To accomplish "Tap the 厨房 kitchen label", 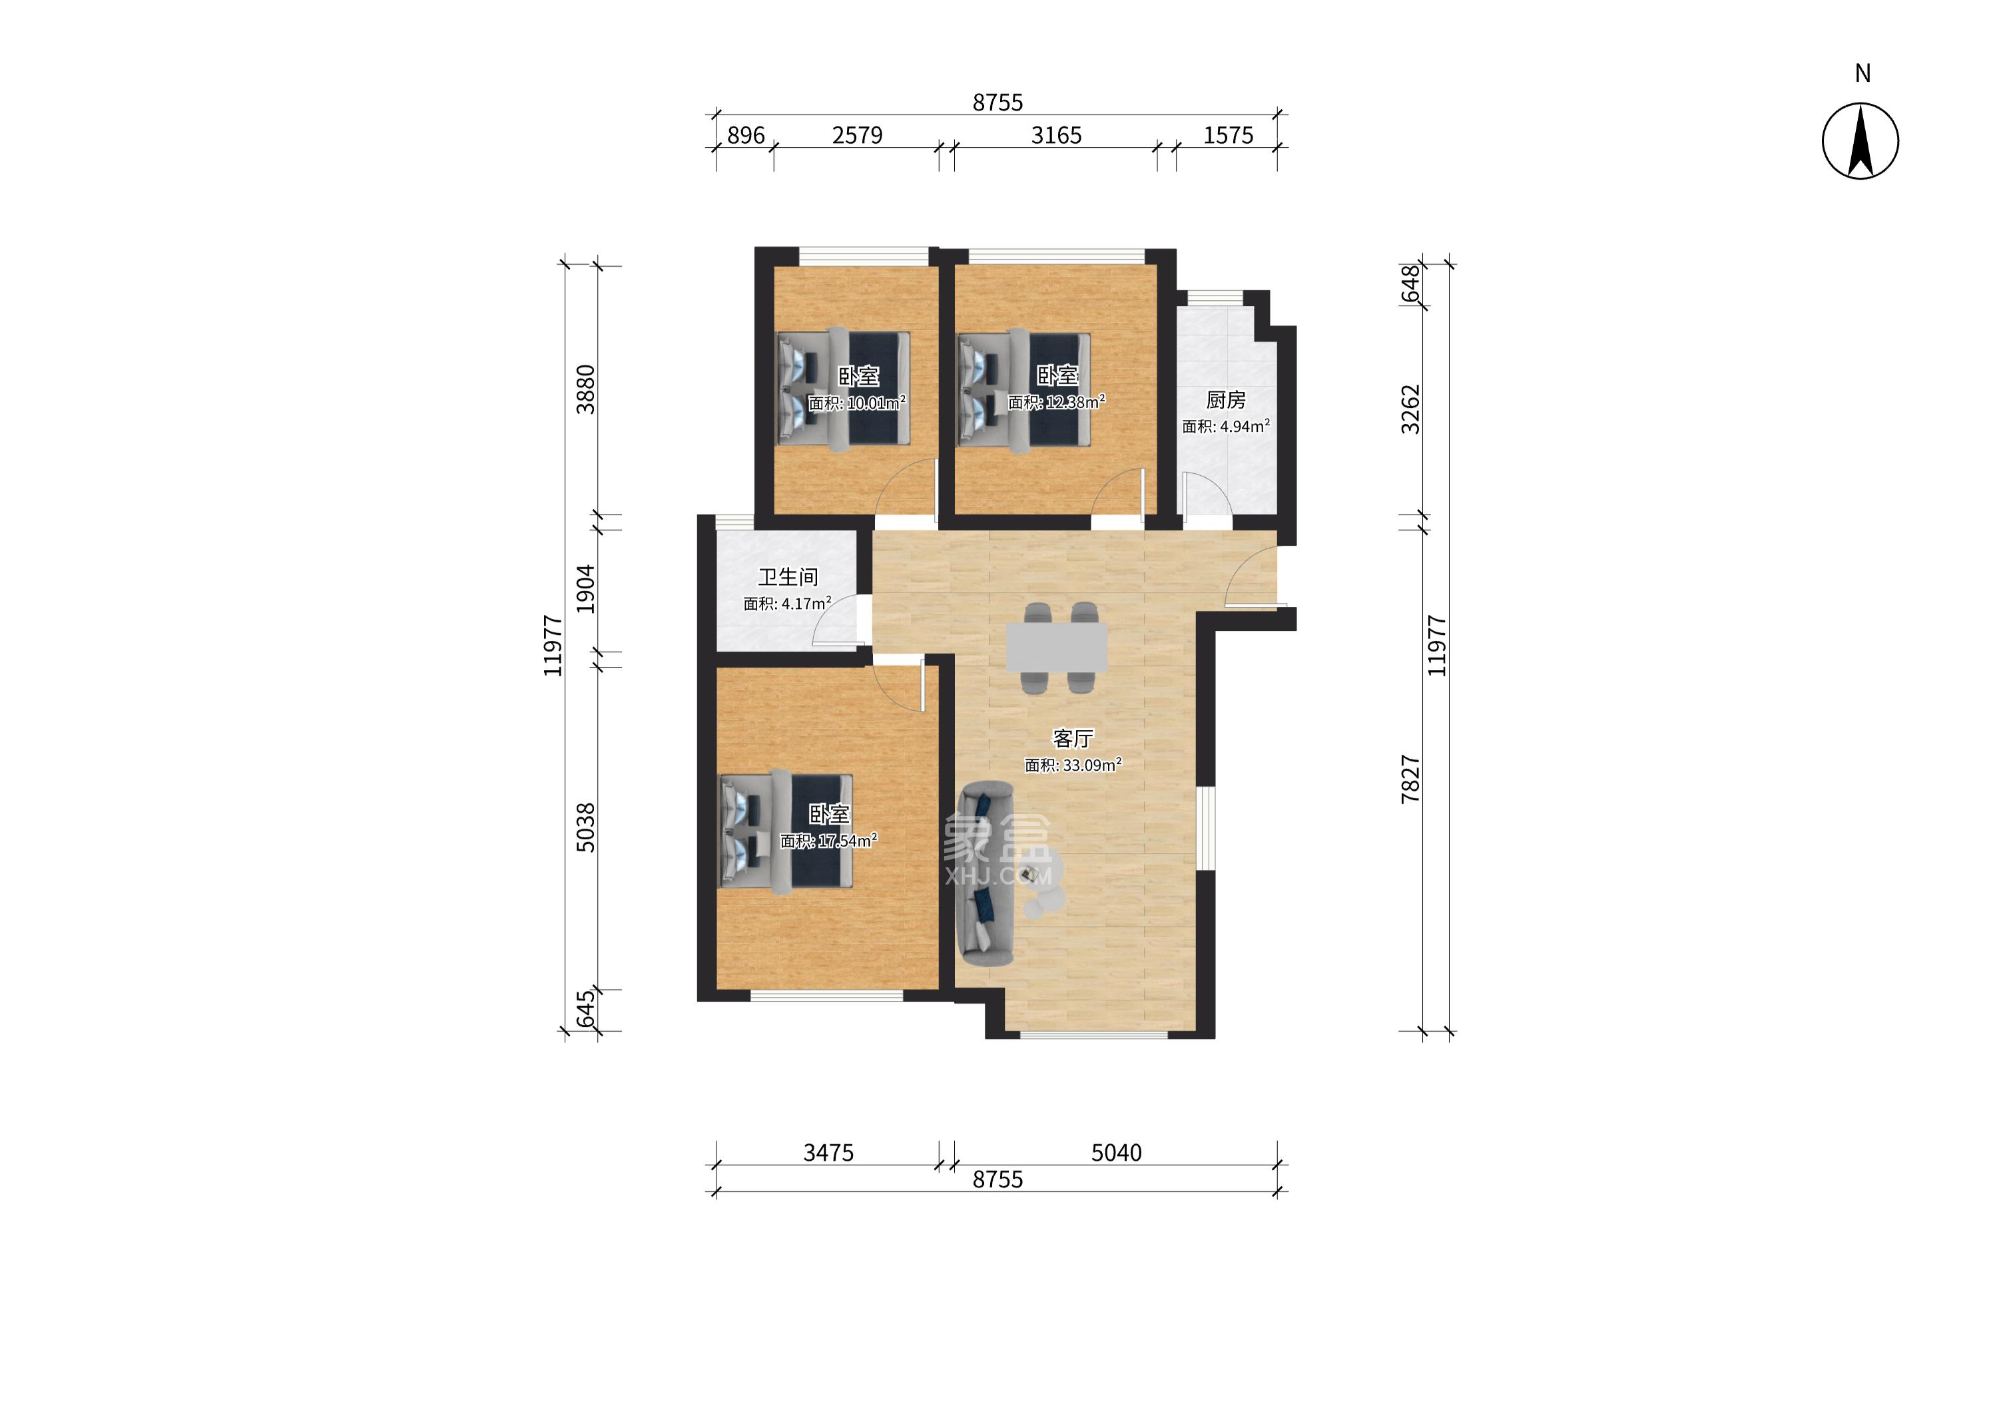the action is [x=1226, y=400].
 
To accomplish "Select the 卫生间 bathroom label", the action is [x=787, y=577].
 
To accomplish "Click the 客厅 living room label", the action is [x=1072, y=739].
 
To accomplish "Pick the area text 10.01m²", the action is [x=876, y=403].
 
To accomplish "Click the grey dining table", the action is [x=1057, y=646].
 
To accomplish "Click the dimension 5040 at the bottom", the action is [x=1116, y=1153].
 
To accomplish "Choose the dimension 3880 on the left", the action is [x=586, y=389].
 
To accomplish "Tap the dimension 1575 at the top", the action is [x=1228, y=136].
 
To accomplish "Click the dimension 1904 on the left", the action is [x=586, y=589].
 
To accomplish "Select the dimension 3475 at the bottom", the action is [x=828, y=1153].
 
